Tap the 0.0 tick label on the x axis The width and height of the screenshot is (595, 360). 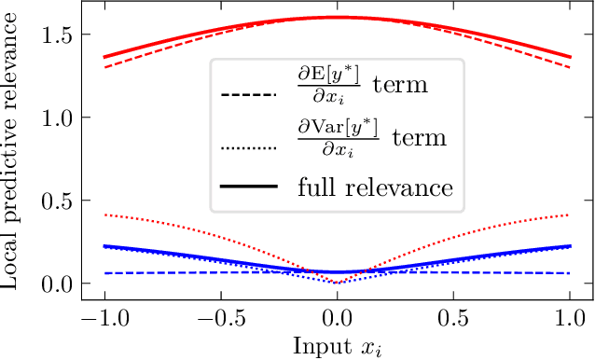point(337,317)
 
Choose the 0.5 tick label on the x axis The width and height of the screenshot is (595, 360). point(453,317)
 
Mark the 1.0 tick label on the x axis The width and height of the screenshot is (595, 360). point(570,317)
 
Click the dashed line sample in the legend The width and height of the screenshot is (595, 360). point(249,95)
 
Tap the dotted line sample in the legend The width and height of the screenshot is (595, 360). point(249,146)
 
